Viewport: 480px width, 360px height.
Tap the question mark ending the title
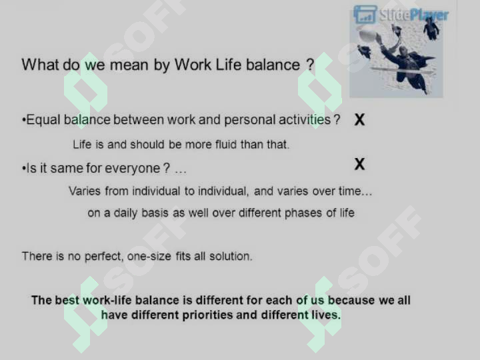(310, 65)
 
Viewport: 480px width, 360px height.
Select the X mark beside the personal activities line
(360, 120)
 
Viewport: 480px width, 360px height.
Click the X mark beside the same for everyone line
(360, 164)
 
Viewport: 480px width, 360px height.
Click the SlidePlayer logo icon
(365, 14)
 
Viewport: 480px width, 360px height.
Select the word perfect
(104, 256)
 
